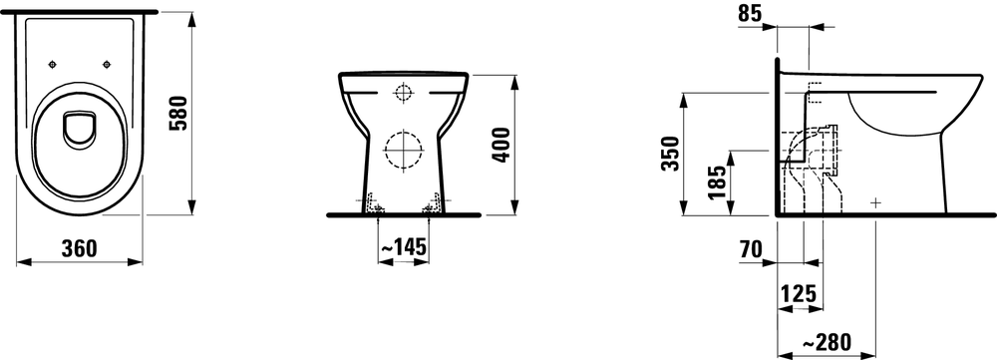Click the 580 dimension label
(178, 114)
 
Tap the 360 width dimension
(80, 248)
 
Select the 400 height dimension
(501, 145)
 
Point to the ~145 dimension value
(403, 247)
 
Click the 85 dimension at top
(751, 14)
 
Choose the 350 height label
(670, 154)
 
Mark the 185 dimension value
(717, 182)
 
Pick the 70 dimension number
(751, 250)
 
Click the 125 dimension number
(798, 294)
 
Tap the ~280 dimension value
(827, 342)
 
